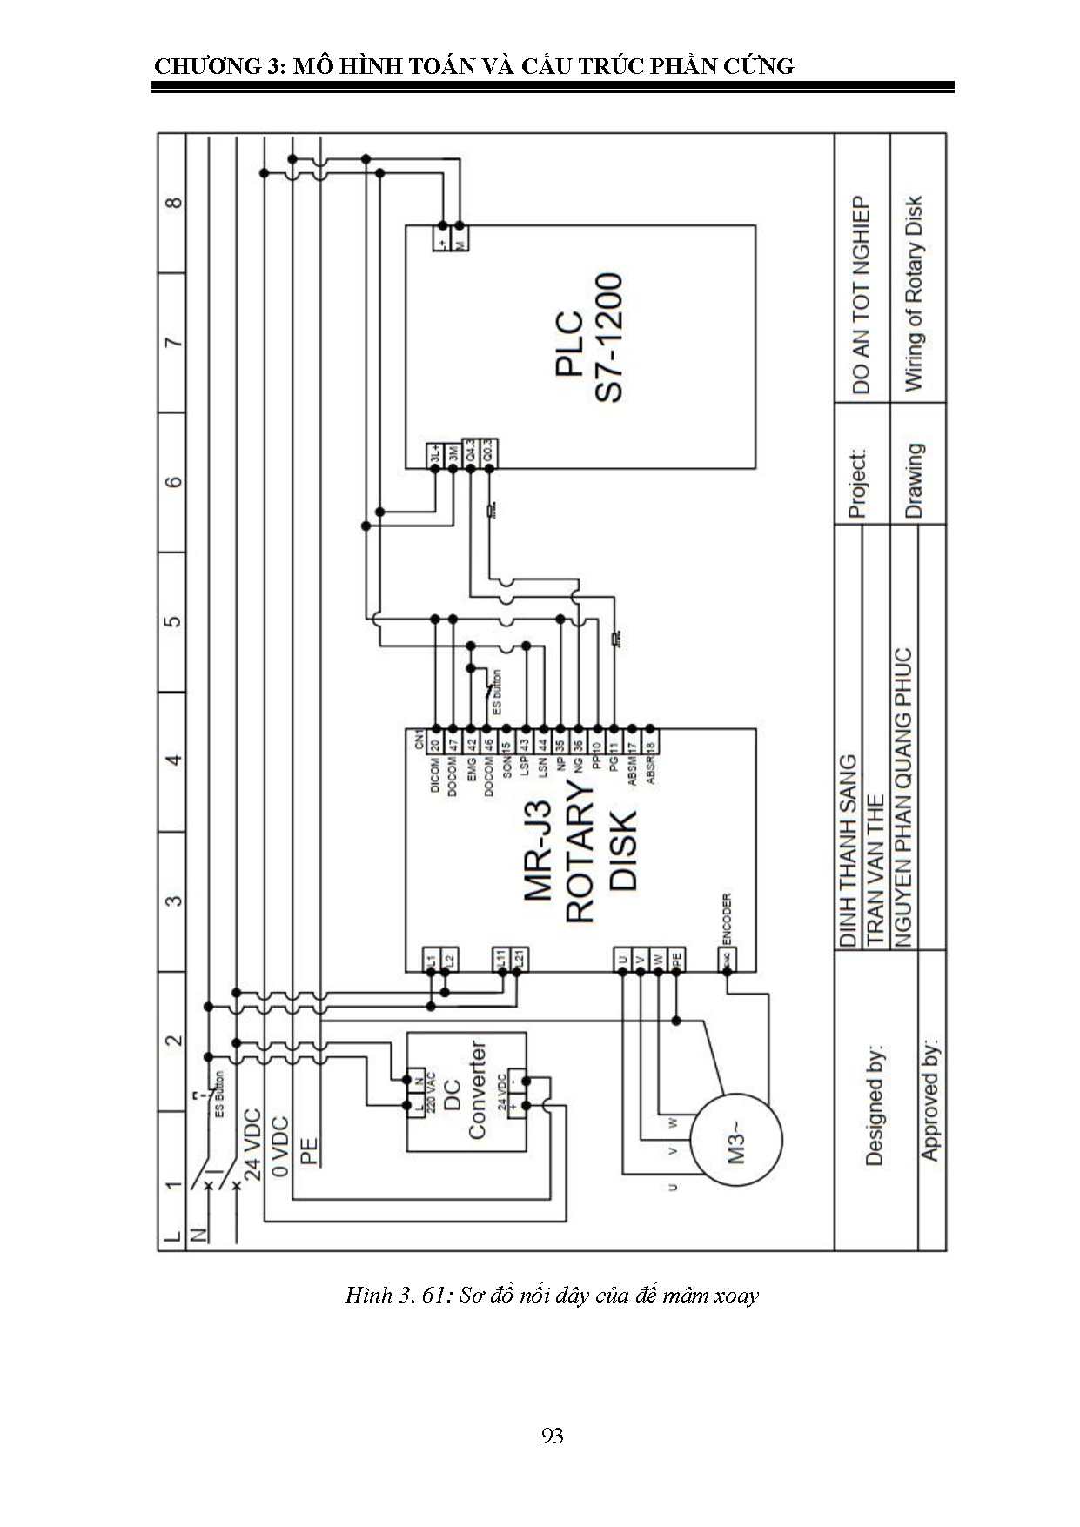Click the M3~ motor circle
point(736,1139)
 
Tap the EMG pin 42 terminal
point(471,743)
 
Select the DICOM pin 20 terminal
point(435,743)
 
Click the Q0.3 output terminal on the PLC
point(489,453)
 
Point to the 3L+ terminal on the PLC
point(435,453)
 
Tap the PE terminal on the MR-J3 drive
point(676,959)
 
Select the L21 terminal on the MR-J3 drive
point(517,959)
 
